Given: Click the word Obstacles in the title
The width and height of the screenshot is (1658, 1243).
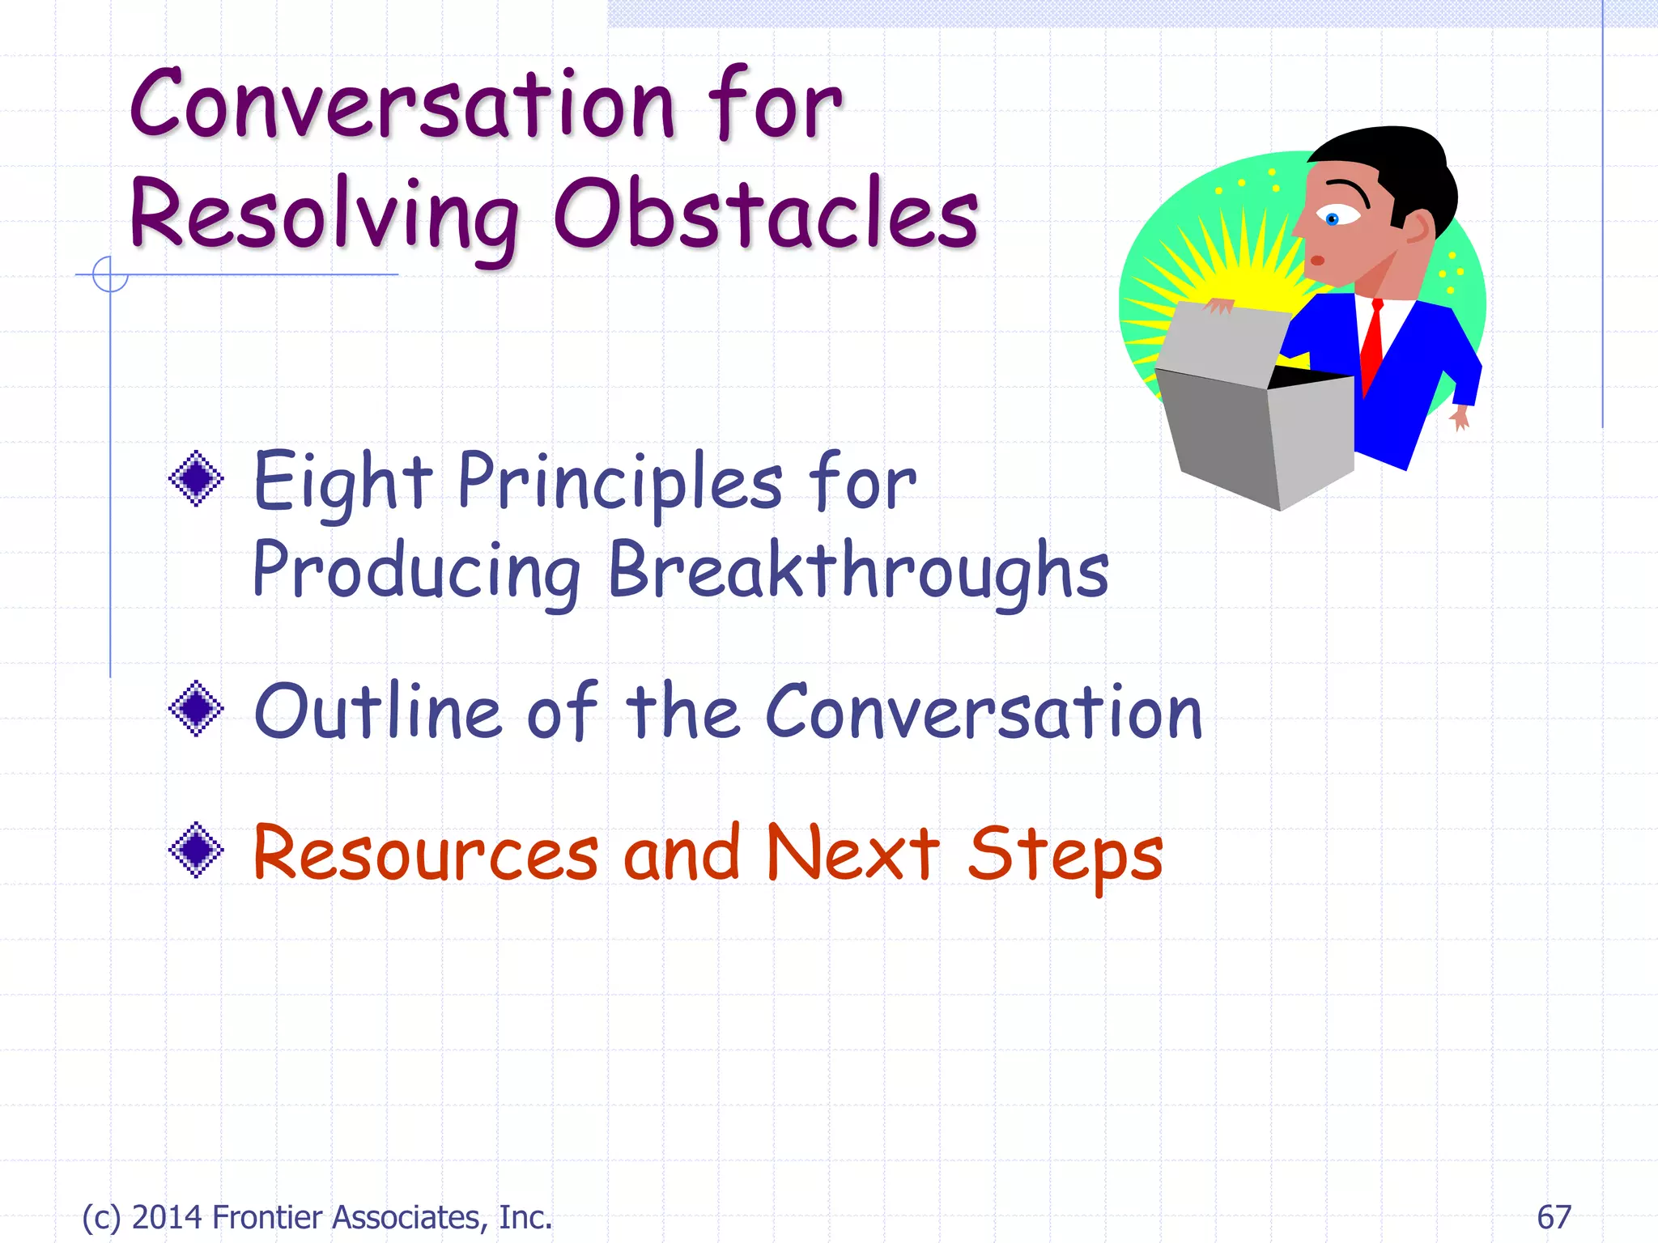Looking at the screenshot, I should coord(765,214).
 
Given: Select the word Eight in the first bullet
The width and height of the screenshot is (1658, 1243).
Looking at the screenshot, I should coord(342,482).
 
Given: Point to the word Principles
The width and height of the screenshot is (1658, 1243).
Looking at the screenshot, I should coord(619,482).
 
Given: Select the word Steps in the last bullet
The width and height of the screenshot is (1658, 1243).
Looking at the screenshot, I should coord(1065,856).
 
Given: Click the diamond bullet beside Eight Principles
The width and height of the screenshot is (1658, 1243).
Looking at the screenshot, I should coord(196,479).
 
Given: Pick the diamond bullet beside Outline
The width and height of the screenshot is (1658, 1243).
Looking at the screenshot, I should coord(196,709).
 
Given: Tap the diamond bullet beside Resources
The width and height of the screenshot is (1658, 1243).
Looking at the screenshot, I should coord(196,850).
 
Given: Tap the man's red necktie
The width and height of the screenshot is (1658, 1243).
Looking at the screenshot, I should coord(1372,344).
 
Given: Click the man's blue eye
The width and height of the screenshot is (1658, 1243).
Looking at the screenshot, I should coord(1333,218).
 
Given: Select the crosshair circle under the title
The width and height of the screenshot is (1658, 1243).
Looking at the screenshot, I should coord(110,274).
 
